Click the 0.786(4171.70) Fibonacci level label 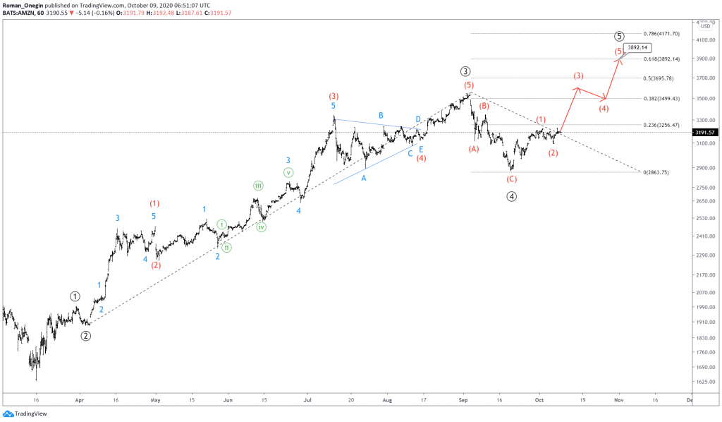pos(661,34)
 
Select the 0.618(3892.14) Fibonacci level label pos(661,59)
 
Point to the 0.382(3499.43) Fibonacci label pos(661,99)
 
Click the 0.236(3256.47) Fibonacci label pos(661,125)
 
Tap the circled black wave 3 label pos(465,71)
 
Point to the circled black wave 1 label pos(75,296)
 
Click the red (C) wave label pos(512,179)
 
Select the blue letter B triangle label pos(381,115)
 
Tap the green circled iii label pos(259,186)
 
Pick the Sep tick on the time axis pos(463,399)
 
